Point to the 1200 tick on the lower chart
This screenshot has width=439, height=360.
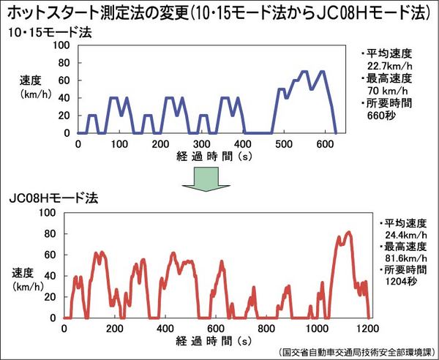[369, 329]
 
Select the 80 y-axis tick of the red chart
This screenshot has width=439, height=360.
[50, 233]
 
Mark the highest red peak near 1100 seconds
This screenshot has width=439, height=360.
[348, 233]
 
